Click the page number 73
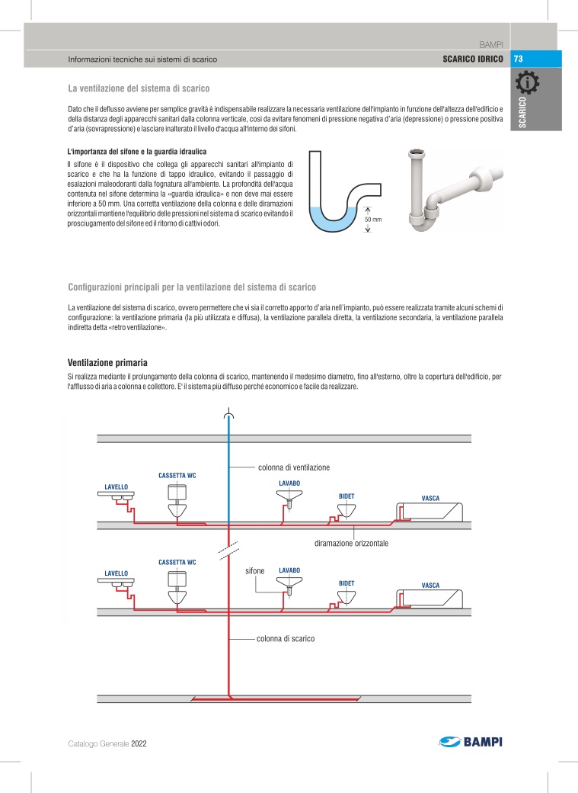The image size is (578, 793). [518, 59]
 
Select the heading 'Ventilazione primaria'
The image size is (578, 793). [107, 362]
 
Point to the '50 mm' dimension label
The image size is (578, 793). [373, 220]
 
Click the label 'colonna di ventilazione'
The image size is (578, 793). [294, 466]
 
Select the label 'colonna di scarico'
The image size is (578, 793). [286, 638]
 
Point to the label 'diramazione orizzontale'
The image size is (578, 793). [352, 544]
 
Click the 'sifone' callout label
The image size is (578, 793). [254, 570]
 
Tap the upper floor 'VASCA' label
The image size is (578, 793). [430, 498]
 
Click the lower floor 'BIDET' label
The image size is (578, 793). [346, 583]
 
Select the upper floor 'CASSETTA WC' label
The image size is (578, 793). [177, 475]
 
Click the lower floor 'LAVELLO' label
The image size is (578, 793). [116, 573]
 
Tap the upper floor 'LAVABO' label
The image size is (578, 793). [289, 483]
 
